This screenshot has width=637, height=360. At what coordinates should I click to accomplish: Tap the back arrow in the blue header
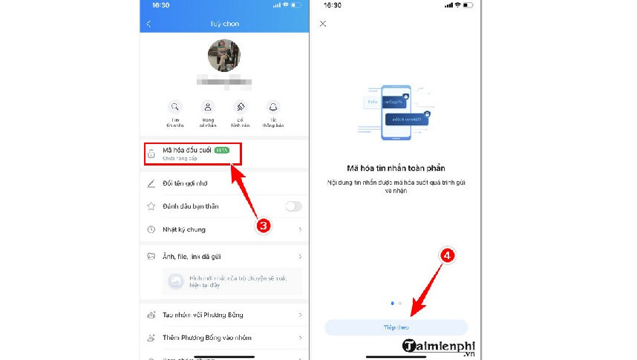coord(149,24)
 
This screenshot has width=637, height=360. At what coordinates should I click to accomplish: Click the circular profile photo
coord(223,55)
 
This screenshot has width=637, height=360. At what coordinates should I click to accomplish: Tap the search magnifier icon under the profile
coord(174,107)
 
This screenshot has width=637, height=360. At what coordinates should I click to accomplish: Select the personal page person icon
coord(208,107)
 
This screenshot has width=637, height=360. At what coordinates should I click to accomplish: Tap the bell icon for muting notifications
coord(273,107)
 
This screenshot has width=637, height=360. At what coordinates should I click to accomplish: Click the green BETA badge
coord(221,150)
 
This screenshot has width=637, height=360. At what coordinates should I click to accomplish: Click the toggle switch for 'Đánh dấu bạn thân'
coord(294,206)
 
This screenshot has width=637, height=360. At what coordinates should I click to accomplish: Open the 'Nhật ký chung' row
coord(185,229)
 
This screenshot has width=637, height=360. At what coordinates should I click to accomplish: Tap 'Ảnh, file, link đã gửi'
coord(195,256)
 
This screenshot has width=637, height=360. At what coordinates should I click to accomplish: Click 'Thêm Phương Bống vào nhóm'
coord(206,338)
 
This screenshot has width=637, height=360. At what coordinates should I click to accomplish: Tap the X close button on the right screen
coord(323,24)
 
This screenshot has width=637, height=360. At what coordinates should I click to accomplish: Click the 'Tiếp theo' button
coord(396,327)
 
